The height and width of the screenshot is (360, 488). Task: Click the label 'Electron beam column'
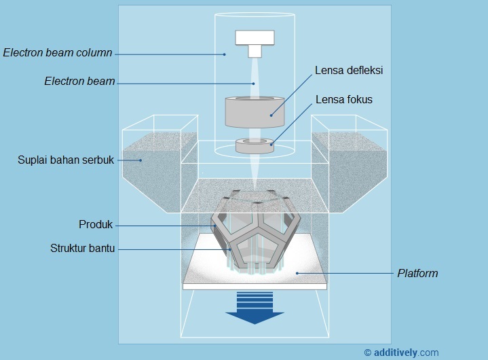(58, 53)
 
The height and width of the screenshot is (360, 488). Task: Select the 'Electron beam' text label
(79, 82)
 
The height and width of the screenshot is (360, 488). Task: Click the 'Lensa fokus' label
(344, 100)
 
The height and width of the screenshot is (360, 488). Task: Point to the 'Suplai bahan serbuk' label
(65, 160)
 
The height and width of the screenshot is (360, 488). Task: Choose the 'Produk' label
(95, 225)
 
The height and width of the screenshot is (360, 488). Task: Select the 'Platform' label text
(417, 274)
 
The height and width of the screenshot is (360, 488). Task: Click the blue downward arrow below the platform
(255, 307)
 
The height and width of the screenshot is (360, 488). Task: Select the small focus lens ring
(255, 145)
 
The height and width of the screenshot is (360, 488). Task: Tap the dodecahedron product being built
(254, 231)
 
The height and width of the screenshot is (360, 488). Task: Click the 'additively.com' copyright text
(401, 352)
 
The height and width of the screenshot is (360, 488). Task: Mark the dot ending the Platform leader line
(297, 273)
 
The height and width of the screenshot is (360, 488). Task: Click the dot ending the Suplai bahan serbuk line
(141, 160)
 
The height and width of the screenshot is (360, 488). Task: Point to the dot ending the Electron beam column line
(224, 54)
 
